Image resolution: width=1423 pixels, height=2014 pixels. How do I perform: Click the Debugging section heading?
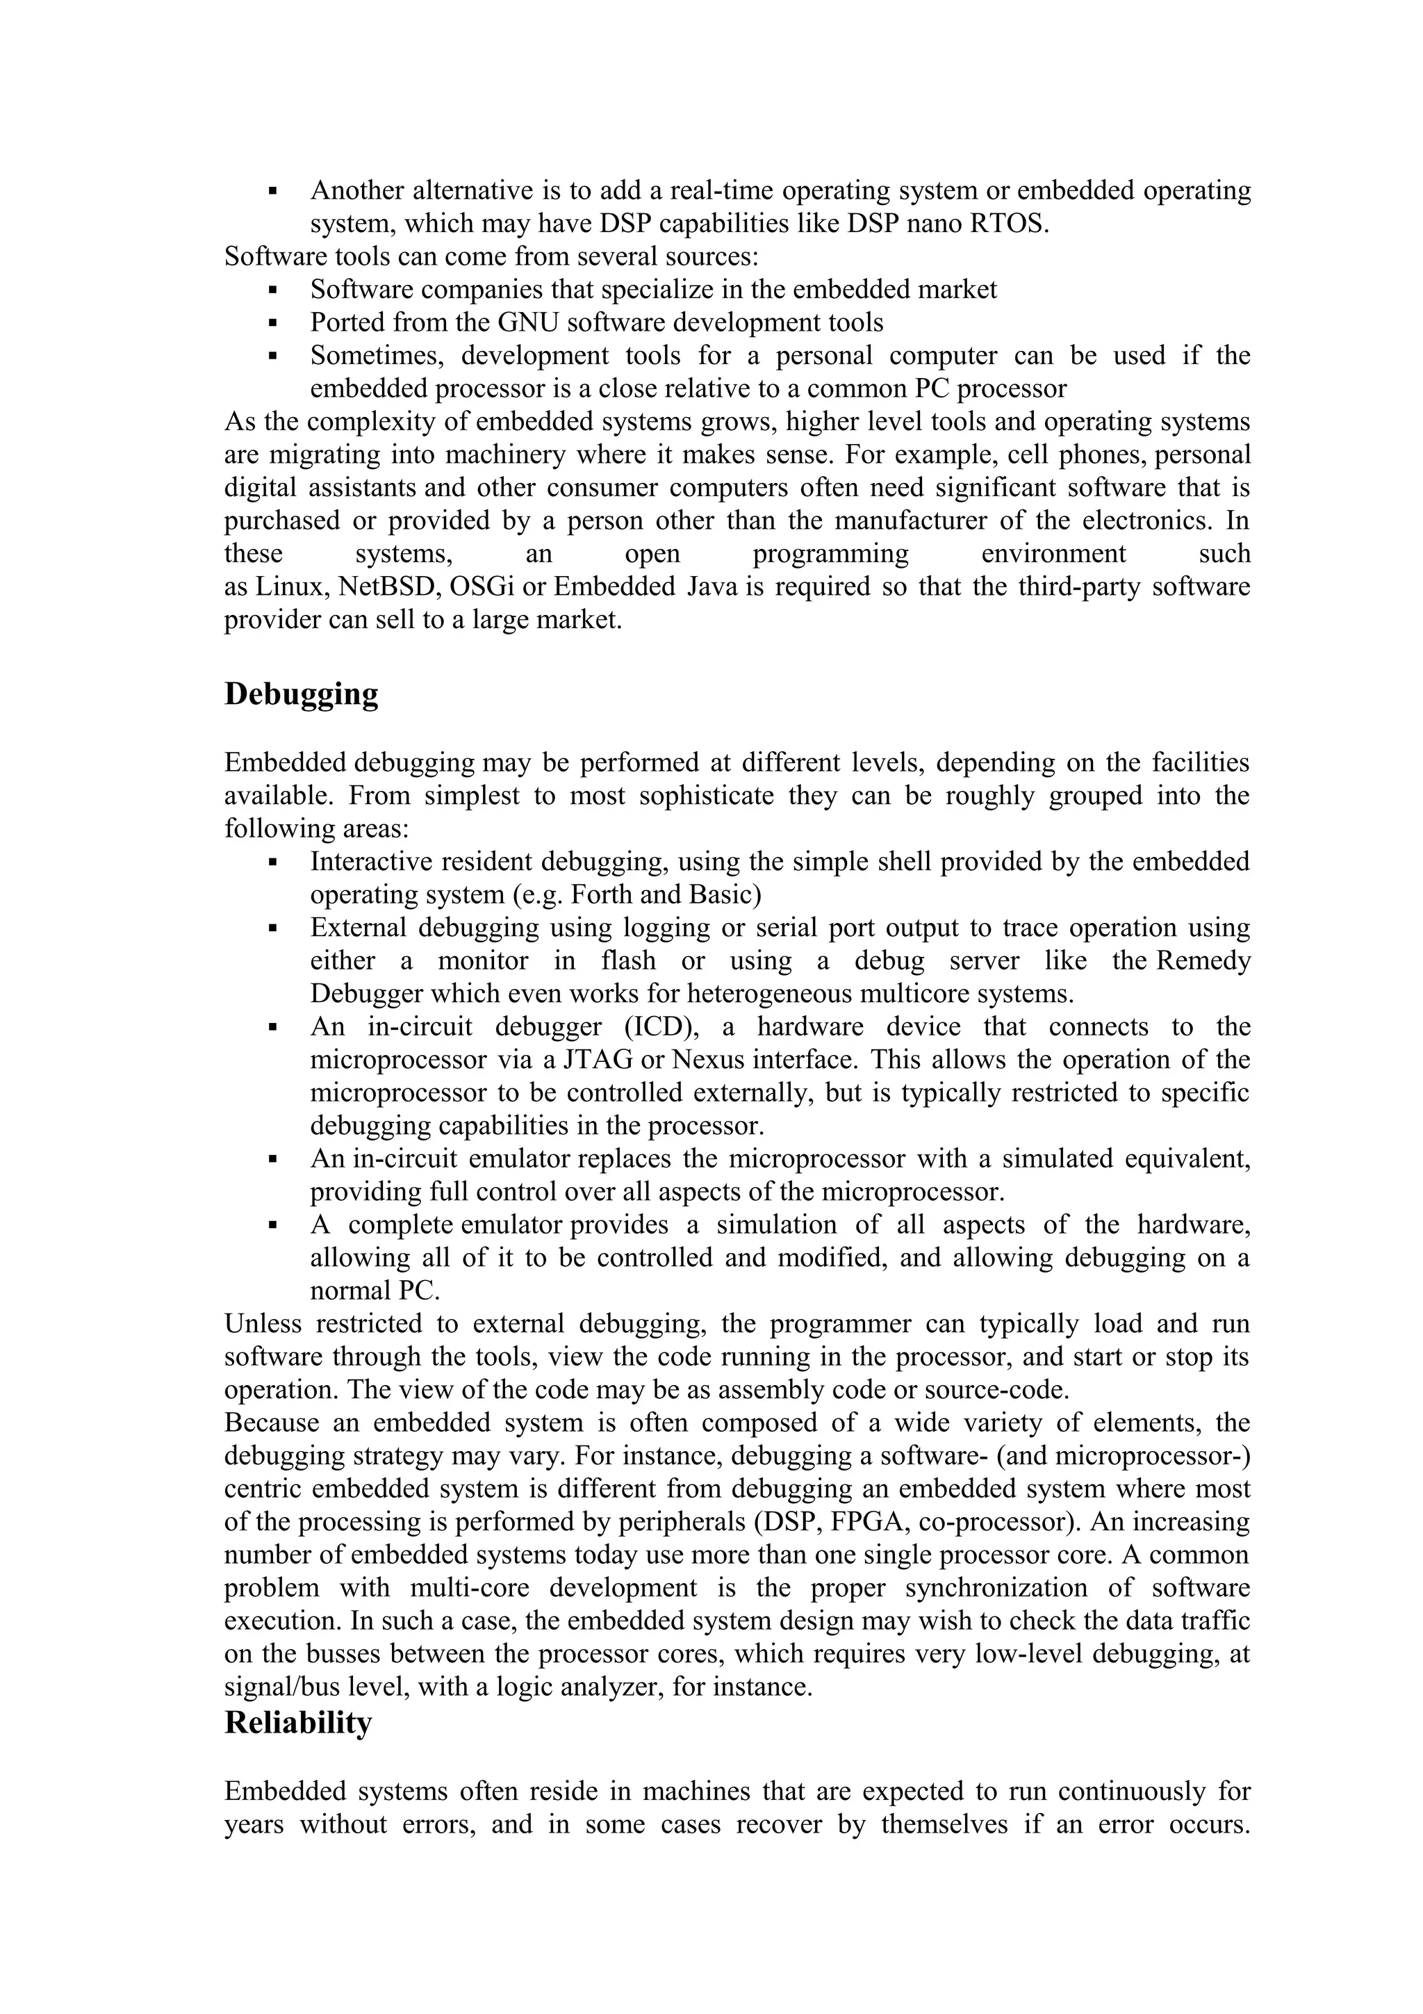tap(301, 695)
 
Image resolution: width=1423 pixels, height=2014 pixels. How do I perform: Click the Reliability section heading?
tap(298, 1723)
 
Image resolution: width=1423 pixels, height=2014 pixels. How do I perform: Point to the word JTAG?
tap(600, 1060)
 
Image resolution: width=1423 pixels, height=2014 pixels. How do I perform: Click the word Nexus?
tap(705, 1060)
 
